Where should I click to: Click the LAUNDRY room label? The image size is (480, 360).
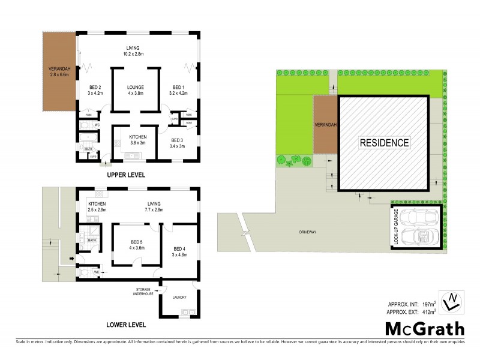pyautogui.click(x=179, y=297)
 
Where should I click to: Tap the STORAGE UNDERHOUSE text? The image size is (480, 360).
pyautogui.click(x=144, y=292)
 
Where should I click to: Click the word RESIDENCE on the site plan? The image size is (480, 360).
pyautogui.click(x=385, y=143)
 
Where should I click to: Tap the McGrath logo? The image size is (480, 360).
pyautogui.click(x=424, y=328)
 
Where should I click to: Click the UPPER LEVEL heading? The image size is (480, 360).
pyautogui.click(x=125, y=175)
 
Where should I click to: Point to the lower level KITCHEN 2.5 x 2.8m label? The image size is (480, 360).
pyautogui.click(x=97, y=207)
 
